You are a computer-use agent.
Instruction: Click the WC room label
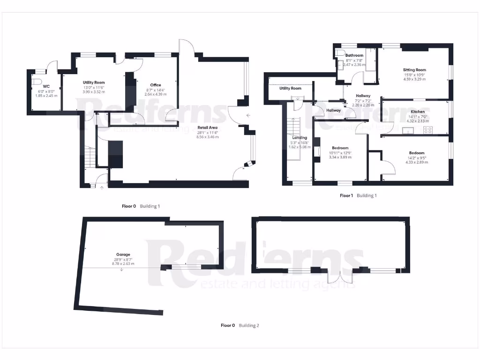click(46, 86)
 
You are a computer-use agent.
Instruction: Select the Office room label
click(156, 85)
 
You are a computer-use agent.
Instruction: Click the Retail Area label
click(207, 127)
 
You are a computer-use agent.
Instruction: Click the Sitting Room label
click(414, 70)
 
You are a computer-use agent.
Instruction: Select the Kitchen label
click(418, 112)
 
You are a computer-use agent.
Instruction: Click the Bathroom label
click(354, 55)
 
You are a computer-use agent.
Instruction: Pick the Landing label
click(300, 137)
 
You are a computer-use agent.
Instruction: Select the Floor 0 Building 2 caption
click(240, 325)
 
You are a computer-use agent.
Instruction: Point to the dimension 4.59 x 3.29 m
click(414, 79)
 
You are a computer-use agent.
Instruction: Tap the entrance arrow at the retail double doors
click(248, 115)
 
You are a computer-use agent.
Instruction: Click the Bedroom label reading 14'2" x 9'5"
click(416, 153)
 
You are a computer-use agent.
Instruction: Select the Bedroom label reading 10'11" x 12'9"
click(341, 148)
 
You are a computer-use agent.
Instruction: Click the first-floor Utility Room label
click(290, 88)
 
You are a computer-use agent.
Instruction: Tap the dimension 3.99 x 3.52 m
click(93, 92)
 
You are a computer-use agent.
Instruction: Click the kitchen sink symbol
click(405, 131)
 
